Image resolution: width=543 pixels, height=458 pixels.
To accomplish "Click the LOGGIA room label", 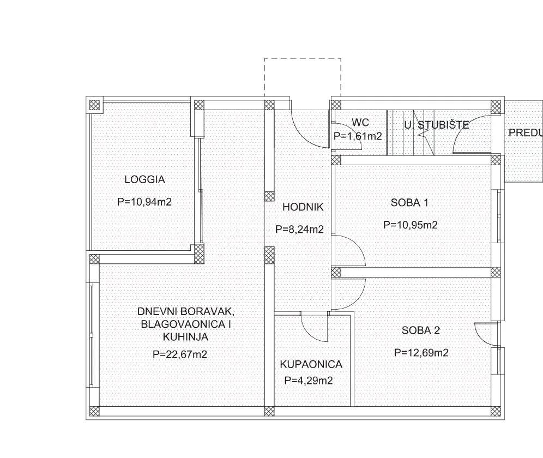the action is (x=145, y=179).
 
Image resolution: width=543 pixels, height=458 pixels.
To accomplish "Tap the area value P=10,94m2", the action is (x=144, y=202).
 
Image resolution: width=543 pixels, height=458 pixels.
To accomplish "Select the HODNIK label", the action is (x=303, y=207).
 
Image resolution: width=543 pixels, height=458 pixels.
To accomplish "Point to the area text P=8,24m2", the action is (x=299, y=229).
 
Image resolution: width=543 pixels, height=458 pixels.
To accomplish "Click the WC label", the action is (x=360, y=122).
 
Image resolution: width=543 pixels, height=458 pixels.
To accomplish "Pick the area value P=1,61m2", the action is (x=358, y=136).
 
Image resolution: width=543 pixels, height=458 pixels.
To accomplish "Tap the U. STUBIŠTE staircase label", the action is (x=437, y=125).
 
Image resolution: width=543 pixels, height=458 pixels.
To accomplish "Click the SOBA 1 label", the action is (x=409, y=202).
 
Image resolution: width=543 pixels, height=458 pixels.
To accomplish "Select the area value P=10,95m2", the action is (x=411, y=225).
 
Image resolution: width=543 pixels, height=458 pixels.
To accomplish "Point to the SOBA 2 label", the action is (x=421, y=330).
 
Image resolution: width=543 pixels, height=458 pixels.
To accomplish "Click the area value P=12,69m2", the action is (x=421, y=353).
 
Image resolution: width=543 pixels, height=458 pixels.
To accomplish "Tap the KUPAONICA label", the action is (x=311, y=364).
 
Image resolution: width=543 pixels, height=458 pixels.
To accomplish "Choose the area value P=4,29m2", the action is (x=309, y=381).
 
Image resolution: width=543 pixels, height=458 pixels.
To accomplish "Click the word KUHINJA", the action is (x=185, y=337).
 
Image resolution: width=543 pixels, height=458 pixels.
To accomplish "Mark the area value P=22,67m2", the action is (x=180, y=354).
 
